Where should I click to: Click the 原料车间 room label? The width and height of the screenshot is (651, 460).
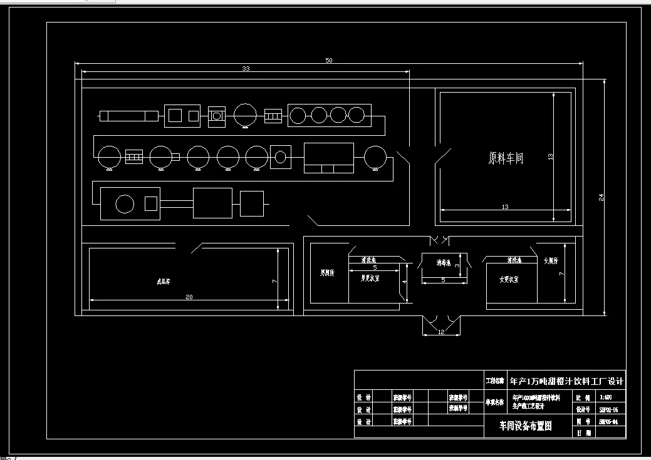tap(506, 158)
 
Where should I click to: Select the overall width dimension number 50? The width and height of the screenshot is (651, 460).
tap(329, 60)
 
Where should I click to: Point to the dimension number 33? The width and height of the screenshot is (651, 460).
tap(246, 69)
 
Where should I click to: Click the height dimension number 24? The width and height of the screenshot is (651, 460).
tap(602, 197)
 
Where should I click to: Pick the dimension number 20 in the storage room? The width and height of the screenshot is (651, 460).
tap(189, 297)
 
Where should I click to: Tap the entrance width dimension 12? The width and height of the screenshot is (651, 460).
tap(441, 332)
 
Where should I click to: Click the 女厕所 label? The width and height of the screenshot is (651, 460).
tap(551, 260)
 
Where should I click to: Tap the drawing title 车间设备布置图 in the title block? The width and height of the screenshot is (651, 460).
tap(525, 426)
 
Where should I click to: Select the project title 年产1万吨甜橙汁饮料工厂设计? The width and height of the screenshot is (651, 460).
tap(567, 381)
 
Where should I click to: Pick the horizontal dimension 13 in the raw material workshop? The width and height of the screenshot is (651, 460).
tap(505, 207)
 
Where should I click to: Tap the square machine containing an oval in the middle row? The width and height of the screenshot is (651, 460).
tap(280, 156)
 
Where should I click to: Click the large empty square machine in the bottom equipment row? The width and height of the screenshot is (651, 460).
tap(212, 203)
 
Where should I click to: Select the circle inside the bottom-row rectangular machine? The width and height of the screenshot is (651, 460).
tap(125, 203)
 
